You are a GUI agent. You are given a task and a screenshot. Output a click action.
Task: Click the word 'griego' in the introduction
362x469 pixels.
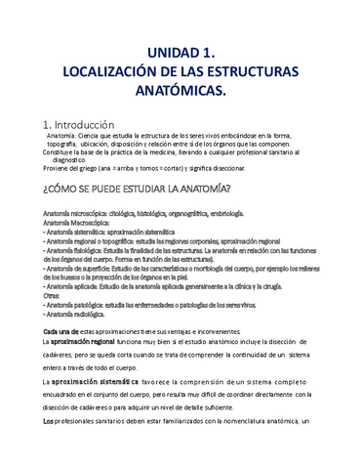[x=93, y=167]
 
